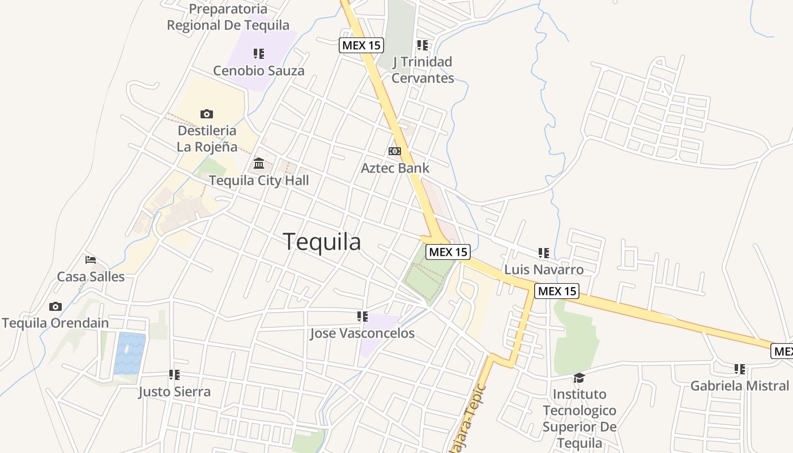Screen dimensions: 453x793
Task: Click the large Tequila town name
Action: pyautogui.click(x=322, y=242)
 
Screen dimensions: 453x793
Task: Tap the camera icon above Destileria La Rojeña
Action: pyautogui.click(x=207, y=114)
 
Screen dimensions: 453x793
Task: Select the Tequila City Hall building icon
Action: pyautogui.click(x=259, y=164)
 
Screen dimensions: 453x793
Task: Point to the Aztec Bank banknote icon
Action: pyautogui.click(x=395, y=151)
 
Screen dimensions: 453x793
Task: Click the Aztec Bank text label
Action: pyautogui.click(x=395, y=168)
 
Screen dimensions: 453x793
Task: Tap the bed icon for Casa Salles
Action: pyautogui.click(x=91, y=260)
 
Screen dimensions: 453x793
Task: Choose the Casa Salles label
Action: pyautogui.click(x=91, y=277)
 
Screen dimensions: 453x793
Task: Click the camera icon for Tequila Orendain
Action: pyautogui.click(x=56, y=306)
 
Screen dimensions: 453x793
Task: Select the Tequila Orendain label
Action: pyautogui.click(x=56, y=323)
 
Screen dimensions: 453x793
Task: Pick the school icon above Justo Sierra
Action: pyautogui.click(x=174, y=375)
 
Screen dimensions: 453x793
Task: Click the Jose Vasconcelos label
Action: pyautogui.click(x=362, y=334)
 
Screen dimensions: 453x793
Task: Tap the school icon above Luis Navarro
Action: pyautogui.click(x=544, y=253)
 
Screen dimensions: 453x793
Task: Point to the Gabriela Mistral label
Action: pyautogui.click(x=739, y=386)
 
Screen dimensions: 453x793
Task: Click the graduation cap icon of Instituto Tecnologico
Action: pyautogui.click(x=579, y=378)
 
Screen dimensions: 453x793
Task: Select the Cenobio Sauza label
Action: pyautogui.click(x=259, y=71)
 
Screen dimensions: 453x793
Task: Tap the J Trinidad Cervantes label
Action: pyautogui.click(x=423, y=70)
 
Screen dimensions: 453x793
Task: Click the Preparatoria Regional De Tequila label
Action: pyautogui.click(x=228, y=17)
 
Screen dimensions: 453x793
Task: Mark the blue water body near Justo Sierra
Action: pyautogui.click(x=129, y=353)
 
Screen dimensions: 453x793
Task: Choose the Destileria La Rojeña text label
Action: pyautogui.click(x=207, y=139)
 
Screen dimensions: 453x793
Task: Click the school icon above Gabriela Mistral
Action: pyautogui.click(x=740, y=369)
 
